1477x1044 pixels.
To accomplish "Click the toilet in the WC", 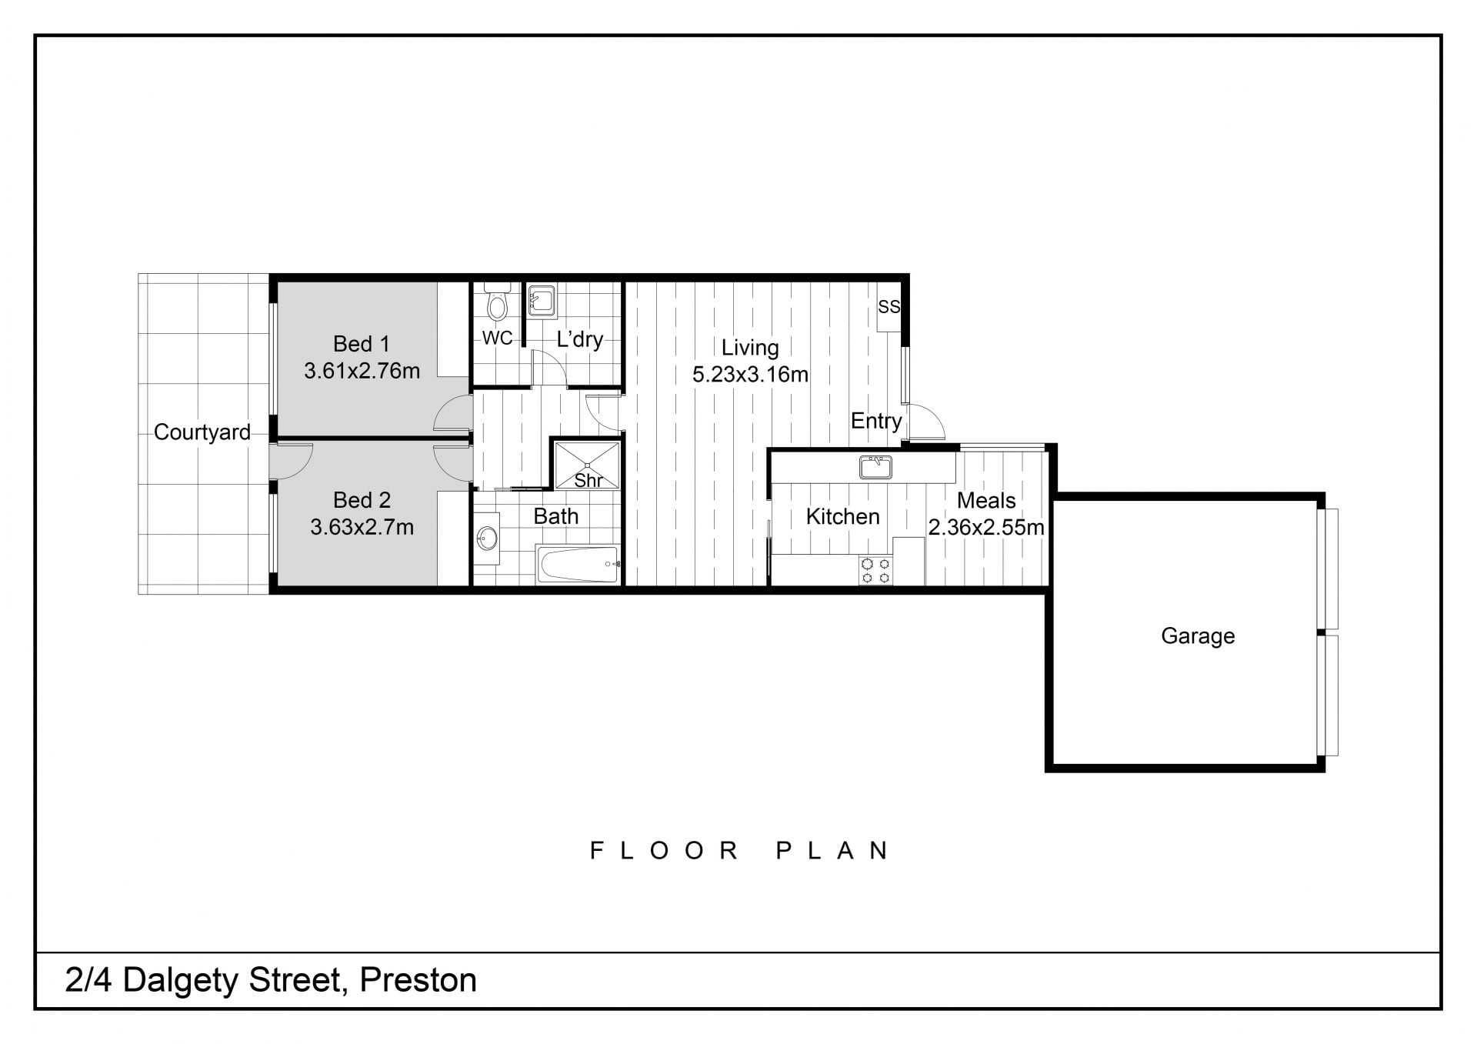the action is pyautogui.click(x=497, y=302).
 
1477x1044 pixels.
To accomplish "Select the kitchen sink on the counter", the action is pyautogui.click(x=875, y=467).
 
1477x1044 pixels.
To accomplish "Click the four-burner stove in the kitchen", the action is pyautogui.click(x=875, y=570).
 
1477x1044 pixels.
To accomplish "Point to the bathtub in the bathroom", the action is pyautogui.click(x=578, y=565).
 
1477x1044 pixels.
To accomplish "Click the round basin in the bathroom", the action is pyautogui.click(x=486, y=538).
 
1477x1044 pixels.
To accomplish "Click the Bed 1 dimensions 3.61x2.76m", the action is pyautogui.click(x=362, y=371).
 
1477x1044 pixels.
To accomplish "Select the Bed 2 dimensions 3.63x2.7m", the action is pyautogui.click(x=362, y=527).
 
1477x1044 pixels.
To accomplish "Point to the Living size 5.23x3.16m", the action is pyautogui.click(x=750, y=375).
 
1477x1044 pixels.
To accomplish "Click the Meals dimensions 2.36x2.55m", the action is pyautogui.click(x=986, y=528).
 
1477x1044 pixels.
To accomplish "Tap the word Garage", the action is pyautogui.click(x=1198, y=636).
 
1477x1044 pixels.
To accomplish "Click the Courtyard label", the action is pyautogui.click(x=202, y=432).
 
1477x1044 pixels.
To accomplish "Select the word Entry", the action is pyautogui.click(x=876, y=422).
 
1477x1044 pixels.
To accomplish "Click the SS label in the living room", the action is pyautogui.click(x=889, y=306).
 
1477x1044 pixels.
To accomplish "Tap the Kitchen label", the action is pyautogui.click(x=842, y=516).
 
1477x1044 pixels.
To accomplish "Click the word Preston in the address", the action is pyautogui.click(x=418, y=980).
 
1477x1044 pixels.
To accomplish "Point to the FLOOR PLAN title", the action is pyautogui.click(x=740, y=850).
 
